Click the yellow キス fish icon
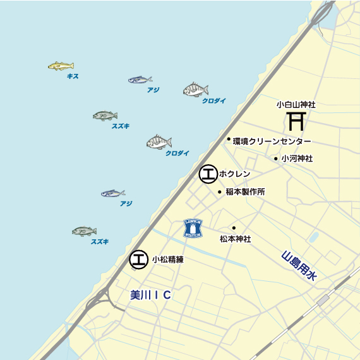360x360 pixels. tap(61, 66)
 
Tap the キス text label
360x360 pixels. tap(73, 76)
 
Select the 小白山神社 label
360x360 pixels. tap(296, 104)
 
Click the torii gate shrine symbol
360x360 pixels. tap(296, 120)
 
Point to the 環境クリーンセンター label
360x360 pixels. tap(272, 141)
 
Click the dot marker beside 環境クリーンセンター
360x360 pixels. tap(229, 139)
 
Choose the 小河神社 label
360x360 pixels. tap(297, 159)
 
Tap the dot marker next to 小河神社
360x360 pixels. tap(276, 159)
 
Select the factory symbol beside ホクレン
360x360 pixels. tap(208, 174)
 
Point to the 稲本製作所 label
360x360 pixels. tap(245, 191)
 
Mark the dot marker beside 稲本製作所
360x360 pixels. tap(220, 191)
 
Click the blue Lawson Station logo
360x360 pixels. tap(193, 228)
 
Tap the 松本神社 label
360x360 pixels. tap(235, 239)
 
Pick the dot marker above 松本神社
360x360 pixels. tap(234, 227)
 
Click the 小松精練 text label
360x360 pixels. tap(167, 259)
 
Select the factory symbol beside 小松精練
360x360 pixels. tap(138, 259)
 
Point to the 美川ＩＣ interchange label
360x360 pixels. tap(151, 295)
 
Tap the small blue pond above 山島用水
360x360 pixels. tap(312, 238)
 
